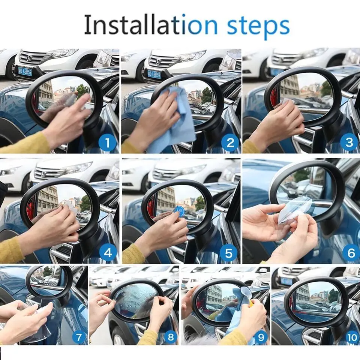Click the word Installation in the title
135,25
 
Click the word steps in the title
256,25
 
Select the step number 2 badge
230,142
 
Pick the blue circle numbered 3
349,142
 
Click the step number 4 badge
108,253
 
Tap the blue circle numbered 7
79,337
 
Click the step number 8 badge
171,337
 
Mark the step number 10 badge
352,337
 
